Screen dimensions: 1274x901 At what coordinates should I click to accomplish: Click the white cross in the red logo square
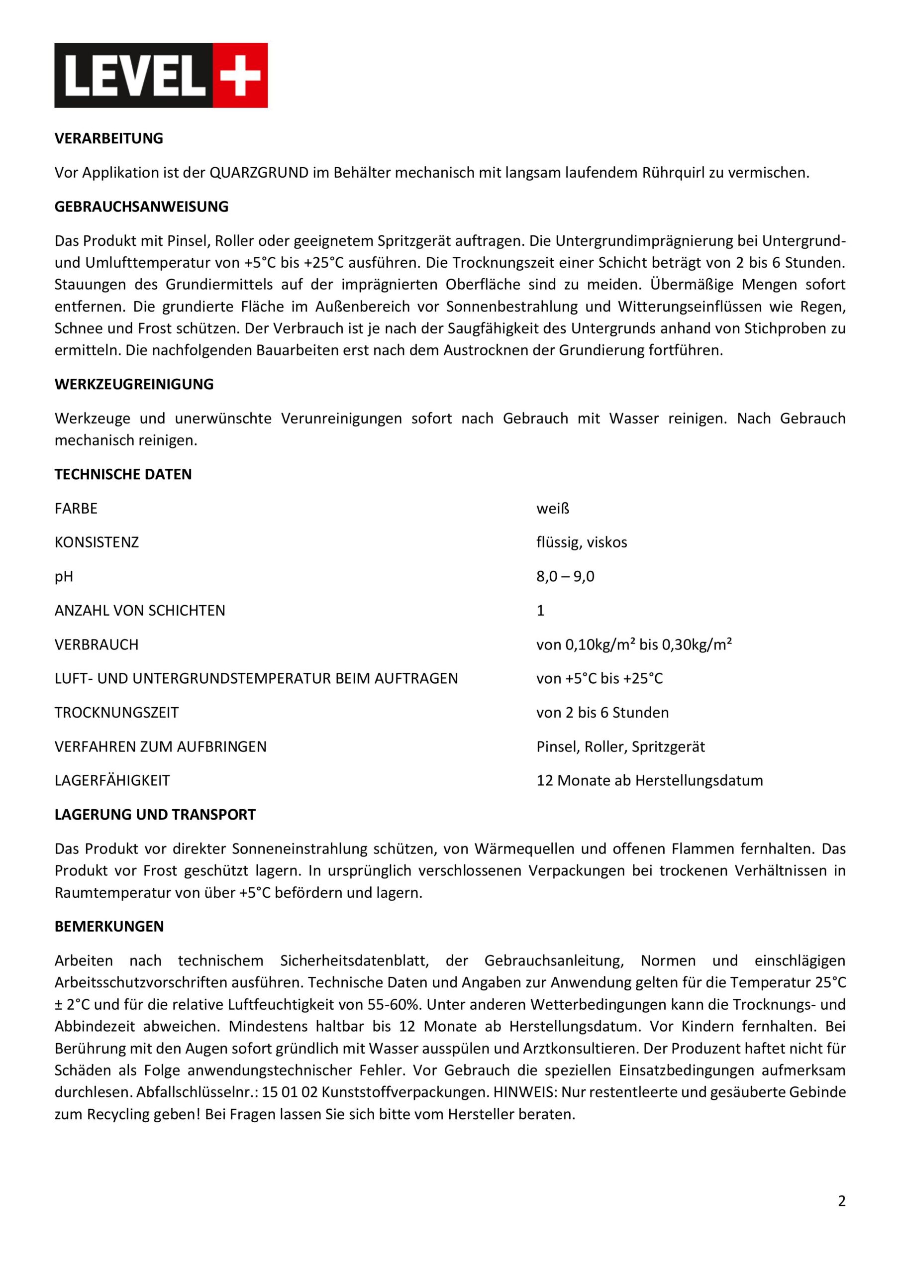240,76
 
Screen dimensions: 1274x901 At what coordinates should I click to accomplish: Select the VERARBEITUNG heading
109,139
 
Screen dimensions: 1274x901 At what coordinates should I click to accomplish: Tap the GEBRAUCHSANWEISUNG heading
141,207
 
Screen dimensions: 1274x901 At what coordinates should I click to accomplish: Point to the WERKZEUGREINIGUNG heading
134,385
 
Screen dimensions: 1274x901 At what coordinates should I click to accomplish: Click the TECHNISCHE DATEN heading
123,474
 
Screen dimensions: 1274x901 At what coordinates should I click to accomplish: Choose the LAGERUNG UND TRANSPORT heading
155,815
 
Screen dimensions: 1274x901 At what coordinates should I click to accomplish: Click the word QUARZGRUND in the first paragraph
259,173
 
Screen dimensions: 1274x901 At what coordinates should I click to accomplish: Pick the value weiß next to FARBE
553,508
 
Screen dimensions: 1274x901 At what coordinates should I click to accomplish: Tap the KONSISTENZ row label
97,542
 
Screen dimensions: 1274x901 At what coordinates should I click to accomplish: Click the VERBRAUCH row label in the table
97,645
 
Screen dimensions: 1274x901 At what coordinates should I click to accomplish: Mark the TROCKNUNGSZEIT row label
116,713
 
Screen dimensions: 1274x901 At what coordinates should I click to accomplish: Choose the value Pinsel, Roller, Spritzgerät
620,747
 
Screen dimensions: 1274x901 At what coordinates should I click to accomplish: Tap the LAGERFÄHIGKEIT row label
112,781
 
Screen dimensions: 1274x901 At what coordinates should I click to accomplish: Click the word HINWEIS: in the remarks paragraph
525,1092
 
